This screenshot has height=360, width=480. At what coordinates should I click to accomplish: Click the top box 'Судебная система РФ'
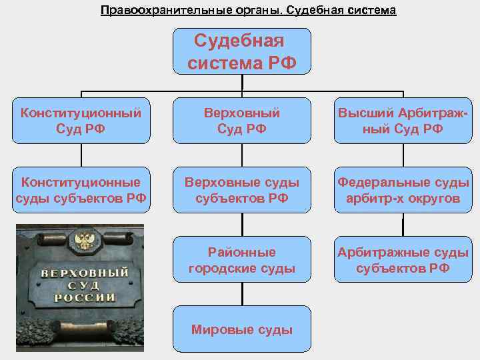[242, 51]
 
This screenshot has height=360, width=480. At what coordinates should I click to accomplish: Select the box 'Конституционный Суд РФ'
[81, 120]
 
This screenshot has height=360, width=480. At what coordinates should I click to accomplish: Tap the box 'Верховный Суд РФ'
[242, 120]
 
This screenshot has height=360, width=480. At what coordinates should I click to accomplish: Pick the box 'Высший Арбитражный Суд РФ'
[402, 120]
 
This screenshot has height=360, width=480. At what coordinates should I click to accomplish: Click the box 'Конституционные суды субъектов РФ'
[81, 190]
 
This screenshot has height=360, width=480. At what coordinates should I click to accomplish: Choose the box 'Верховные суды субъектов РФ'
[242, 190]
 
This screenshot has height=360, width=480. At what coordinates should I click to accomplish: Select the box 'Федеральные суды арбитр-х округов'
[402, 190]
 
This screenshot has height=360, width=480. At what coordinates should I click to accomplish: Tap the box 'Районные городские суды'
[242, 261]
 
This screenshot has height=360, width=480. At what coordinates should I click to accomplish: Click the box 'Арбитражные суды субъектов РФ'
[402, 261]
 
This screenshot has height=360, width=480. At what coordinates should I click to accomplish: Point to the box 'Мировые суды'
[242, 329]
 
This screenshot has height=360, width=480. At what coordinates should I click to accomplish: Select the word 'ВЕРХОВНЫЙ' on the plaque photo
[85, 274]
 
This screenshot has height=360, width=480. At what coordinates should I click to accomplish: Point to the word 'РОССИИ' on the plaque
[84, 298]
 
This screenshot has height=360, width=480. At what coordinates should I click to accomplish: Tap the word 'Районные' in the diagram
[242, 253]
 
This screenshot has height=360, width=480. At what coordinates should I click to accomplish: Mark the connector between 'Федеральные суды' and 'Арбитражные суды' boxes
[402, 225]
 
